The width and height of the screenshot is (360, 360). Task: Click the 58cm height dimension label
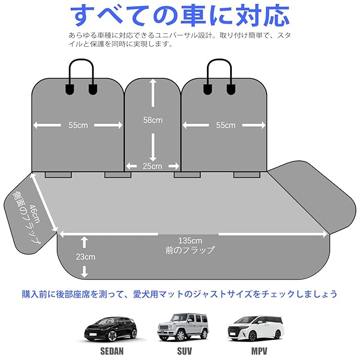[152, 120]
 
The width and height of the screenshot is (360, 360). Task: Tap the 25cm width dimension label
[152, 166]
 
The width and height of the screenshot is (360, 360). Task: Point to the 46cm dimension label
[35, 214]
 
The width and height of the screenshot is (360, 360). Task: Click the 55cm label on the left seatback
[78, 125]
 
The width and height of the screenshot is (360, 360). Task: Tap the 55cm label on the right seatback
[226, 125]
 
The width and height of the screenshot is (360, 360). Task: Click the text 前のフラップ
[190, 250]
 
